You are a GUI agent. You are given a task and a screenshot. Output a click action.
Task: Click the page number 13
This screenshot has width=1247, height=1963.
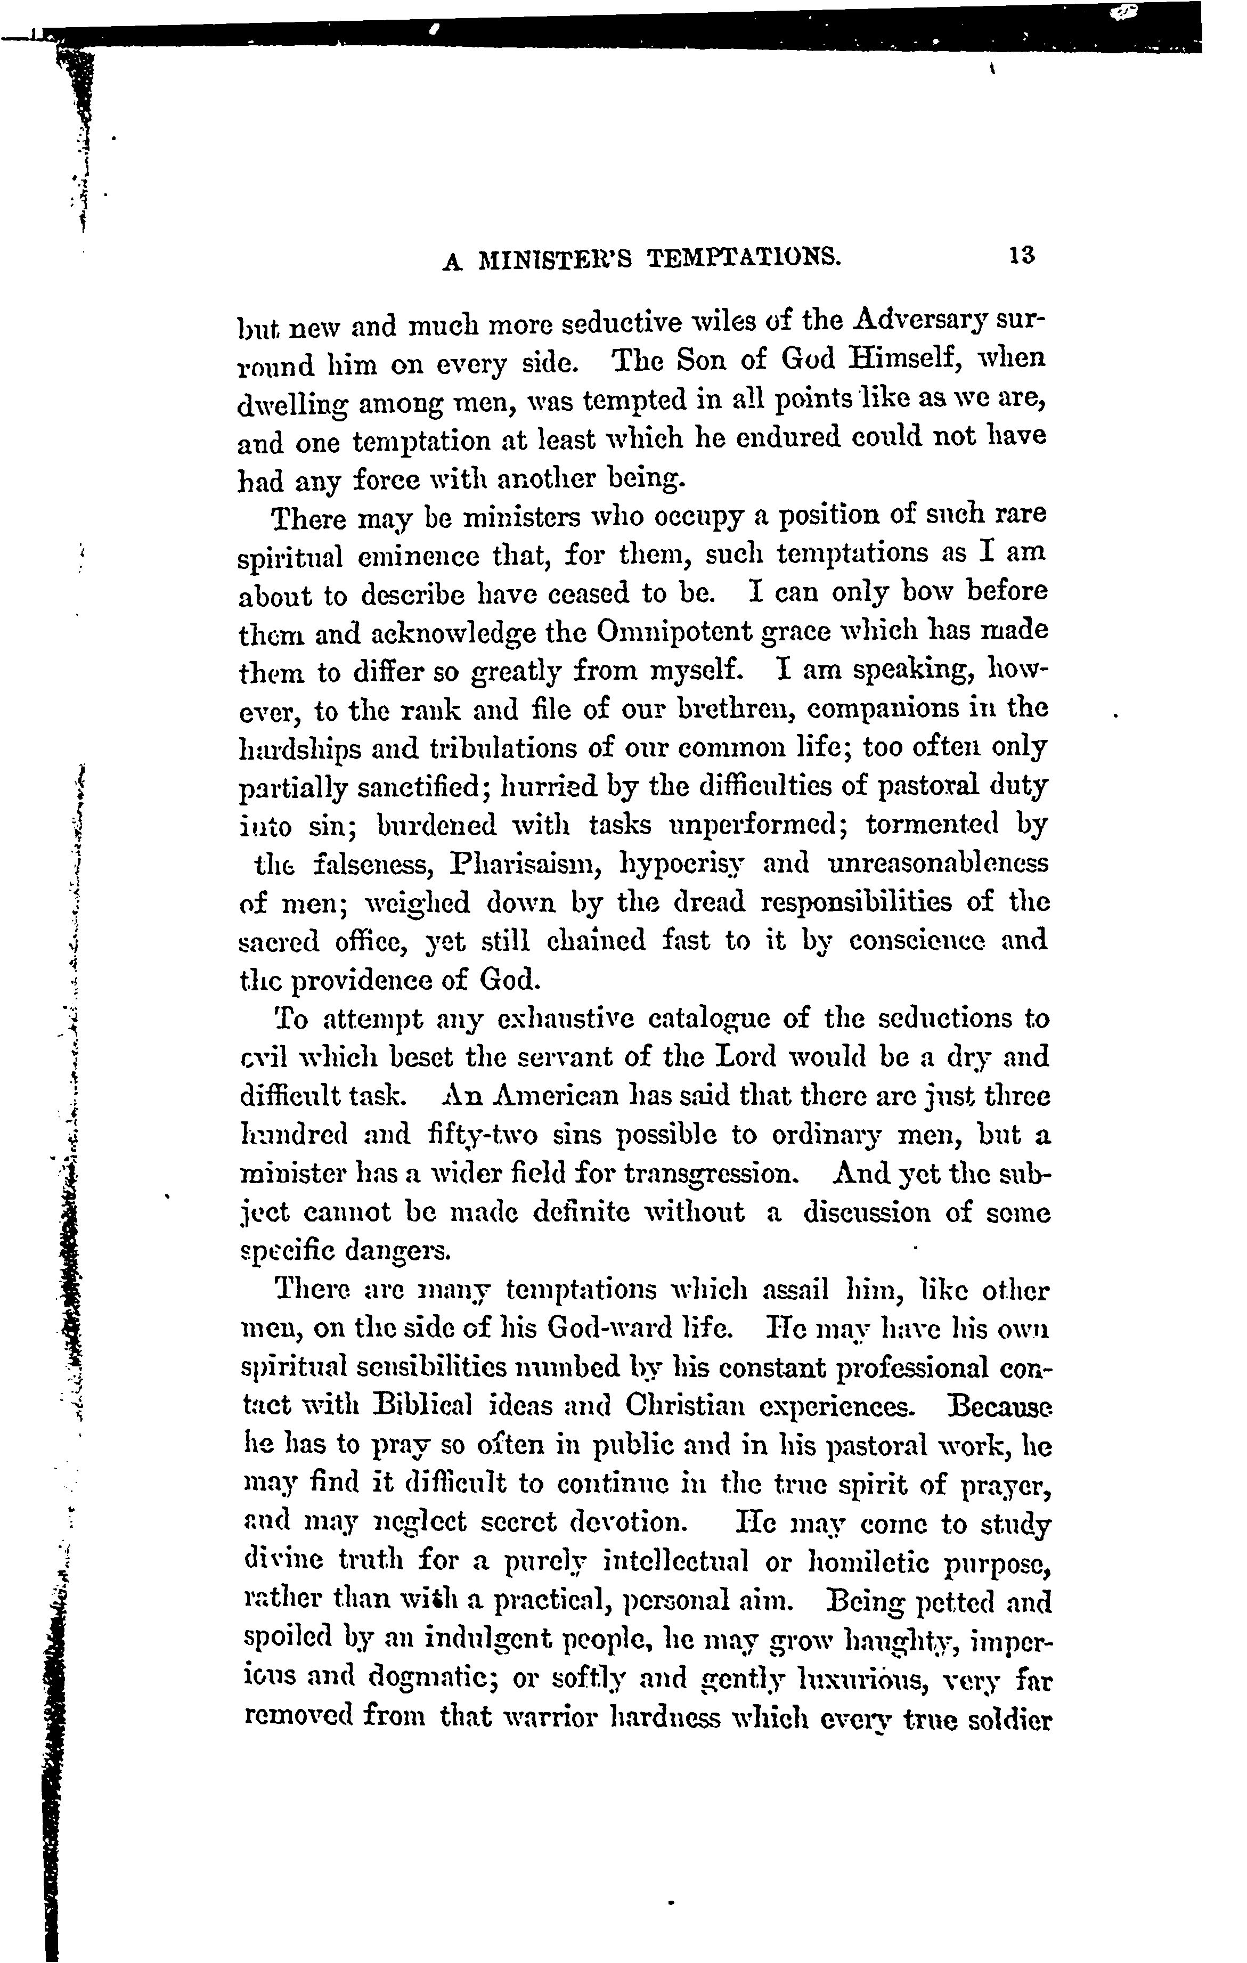[1021, 255]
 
